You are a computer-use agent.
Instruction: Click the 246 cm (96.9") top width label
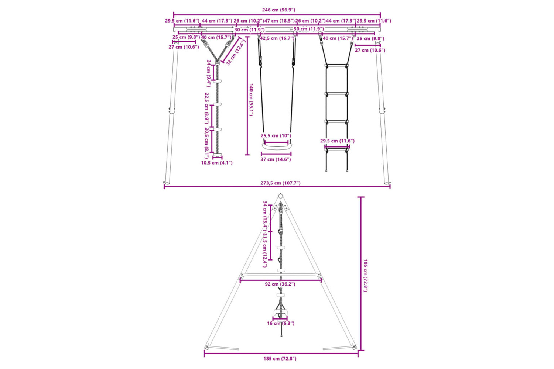tap(278, 10)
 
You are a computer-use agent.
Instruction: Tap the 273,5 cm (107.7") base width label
tap(280, 183)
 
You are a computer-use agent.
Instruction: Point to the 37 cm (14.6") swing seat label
tap(276, 159)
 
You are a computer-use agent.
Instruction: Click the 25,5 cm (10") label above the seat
tap(276, 136)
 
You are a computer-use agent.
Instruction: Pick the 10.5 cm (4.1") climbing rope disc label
tap(217, 163)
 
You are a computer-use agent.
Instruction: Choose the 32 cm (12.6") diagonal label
tap(236, 52)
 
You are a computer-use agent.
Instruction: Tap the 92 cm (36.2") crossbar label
tap(280, 284)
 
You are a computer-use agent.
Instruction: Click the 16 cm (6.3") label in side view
tap(281, 323)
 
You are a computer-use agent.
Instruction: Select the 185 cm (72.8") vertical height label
tap(365, 275)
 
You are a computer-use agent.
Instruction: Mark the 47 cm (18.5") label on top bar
tap(280, 21)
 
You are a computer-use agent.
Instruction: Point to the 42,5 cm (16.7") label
tap(277, 38)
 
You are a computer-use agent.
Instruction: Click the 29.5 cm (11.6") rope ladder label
tap(337, 141)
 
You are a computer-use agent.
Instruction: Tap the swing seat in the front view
tap(277, 146)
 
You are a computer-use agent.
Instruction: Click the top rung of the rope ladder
tap(336, 65)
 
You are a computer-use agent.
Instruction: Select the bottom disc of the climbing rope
tap(218, 155)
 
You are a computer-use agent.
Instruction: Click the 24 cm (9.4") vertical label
tap(208, 73)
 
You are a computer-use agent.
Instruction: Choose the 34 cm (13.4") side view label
tap(265, 215)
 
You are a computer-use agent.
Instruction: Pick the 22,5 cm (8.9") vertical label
tap(207, 108)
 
